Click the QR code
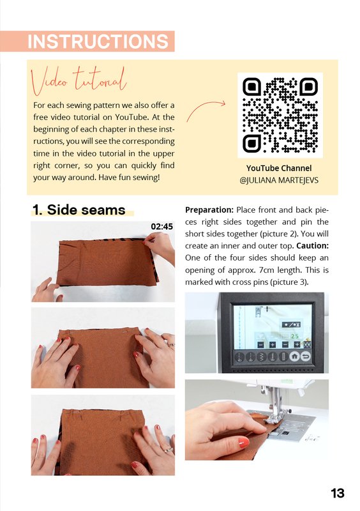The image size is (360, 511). click(x=280, y=116)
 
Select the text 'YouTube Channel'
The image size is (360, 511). click(x=279, y=168)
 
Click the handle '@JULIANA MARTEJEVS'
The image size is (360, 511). click(x=279, y=180)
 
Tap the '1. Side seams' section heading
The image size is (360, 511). click(x=79, y=210)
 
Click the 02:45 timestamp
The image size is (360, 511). click(x=161, y=227)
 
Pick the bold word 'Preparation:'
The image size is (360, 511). click(x=209, y=210)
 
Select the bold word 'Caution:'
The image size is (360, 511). click(x=312, y=246)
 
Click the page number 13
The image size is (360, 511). click(x=338, y=493)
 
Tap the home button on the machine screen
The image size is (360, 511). click(x=294, y=356)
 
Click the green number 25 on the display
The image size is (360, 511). click(x=294, y=336)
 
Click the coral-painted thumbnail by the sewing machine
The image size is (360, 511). click(x=243, y=443)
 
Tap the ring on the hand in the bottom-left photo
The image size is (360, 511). click(x=169, y=450)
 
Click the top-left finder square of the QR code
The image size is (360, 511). click(x=252, y=87)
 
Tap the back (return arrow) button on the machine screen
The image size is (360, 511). click(x=306, y=356)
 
